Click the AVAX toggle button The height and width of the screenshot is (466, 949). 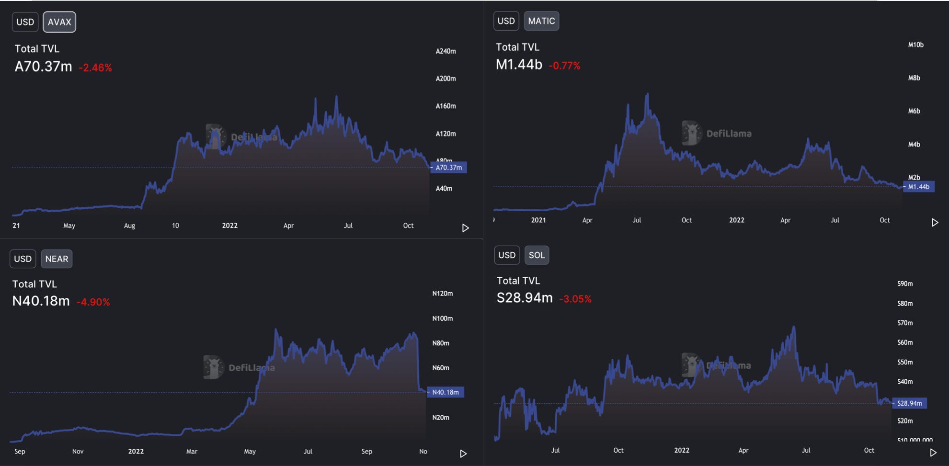(x=59, y=22)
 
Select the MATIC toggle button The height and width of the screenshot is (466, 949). (x=541, y=21)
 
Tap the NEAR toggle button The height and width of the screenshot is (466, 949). (x=57, y=259)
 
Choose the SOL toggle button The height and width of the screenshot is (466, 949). (x=537, y=255)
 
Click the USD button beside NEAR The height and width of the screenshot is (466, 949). (x=23, y=259)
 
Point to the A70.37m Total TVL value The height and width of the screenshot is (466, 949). (x=43, y=67)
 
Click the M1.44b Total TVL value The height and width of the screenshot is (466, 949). (x=519, y=65)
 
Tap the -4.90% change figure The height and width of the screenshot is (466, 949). (x=93, y=302)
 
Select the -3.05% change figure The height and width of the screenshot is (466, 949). (x=575, y=299)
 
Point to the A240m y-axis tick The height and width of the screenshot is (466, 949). (x=446, y=51)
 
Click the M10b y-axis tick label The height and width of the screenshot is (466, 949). (x=915, y=45)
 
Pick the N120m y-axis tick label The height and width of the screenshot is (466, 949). (x=442, y=294)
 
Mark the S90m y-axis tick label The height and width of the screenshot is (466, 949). (x=905, y=284)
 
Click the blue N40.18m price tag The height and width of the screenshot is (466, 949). (x=446, y=392)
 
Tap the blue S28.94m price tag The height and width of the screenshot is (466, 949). (x=909, y=403)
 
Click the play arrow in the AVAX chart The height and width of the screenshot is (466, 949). (x=465, y=228)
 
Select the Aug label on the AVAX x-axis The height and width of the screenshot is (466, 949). (x=129, y=226)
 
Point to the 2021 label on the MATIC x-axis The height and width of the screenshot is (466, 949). (x=538, y=220)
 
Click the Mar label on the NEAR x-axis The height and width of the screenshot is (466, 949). (x=192, y=451)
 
